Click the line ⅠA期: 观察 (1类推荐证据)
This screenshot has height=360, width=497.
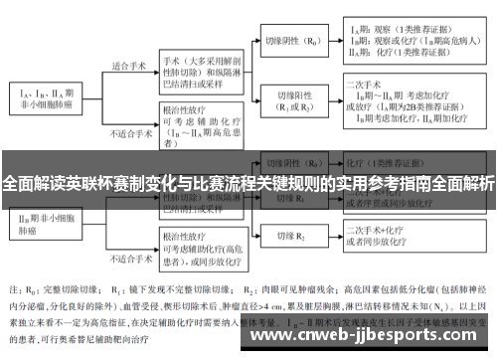[x=399, y=31]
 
